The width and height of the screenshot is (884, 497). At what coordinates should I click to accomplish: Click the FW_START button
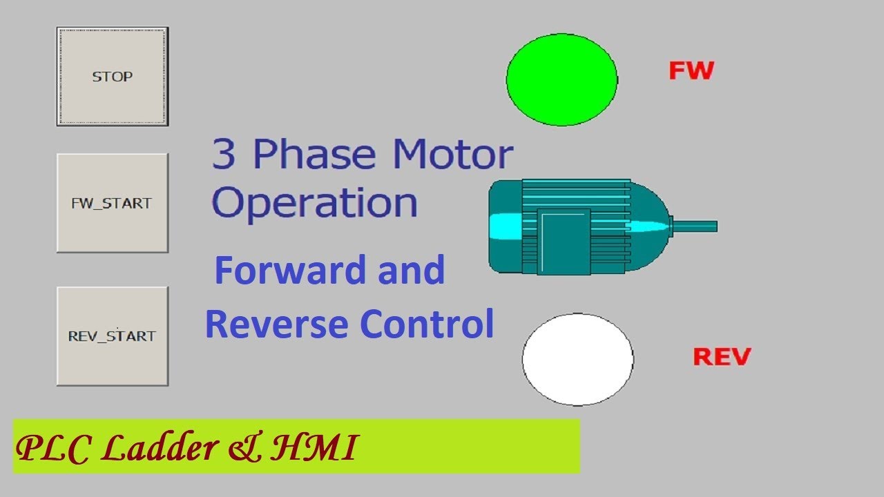tap(112, 203)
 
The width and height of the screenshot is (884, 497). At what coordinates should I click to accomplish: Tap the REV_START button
tap(112, 336)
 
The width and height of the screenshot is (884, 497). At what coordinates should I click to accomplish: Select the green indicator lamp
tap(561, 79)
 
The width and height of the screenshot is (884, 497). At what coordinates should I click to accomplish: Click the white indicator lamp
tap(577, 359)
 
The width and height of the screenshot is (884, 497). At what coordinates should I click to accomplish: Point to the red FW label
tap(691, 70)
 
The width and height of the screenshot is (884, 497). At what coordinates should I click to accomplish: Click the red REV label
tap(722, 357)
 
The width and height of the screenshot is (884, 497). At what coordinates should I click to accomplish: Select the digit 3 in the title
tap(224, 155)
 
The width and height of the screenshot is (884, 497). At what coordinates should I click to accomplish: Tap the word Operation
tap(315, 203)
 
